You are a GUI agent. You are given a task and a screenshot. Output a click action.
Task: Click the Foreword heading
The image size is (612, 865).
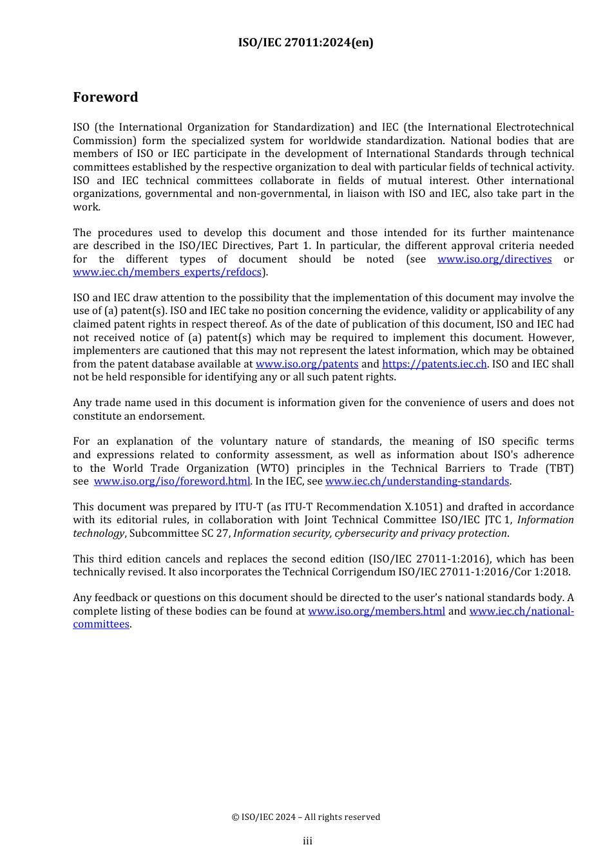pyautogui.click(x=105, y=97)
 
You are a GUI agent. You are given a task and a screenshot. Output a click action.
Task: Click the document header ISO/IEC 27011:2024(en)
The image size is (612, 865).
pyautogui.click(x=305, y=42)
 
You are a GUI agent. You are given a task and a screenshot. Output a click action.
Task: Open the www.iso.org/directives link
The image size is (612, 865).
pyautogui.click(x=494, y=259)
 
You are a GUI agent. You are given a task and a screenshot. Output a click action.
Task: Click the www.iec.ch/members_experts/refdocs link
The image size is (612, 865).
pyautogui.click(x=167, y=272)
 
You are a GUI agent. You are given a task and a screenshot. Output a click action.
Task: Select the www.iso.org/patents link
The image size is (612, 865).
pyautogui.click(x=307, y=364)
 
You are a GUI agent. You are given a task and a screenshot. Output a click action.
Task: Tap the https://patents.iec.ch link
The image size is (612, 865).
pyautogui.click(x=434, y=364)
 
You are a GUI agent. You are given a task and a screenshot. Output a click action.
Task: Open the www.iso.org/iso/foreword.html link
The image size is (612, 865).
pyautogui.click(x=171, y=481)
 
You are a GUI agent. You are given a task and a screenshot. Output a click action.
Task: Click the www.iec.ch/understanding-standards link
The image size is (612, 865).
pyautogui.click(x=417, y=481)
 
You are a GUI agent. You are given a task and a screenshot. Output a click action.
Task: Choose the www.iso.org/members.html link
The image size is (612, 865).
pyautogui.click(x=376, y=611)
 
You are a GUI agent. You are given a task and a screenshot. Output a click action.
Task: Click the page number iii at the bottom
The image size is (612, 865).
pyautogui.click(x=307, y=841)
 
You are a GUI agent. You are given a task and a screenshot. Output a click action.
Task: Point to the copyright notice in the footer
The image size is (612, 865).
pyautogui.click(x=305, y=817)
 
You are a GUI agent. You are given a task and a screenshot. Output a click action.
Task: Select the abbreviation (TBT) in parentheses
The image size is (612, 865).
pyautogui.click(x=558, y=469)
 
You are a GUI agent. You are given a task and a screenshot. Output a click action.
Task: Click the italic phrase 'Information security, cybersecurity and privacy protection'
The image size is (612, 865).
pyautogui.click(x=370, y=534)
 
